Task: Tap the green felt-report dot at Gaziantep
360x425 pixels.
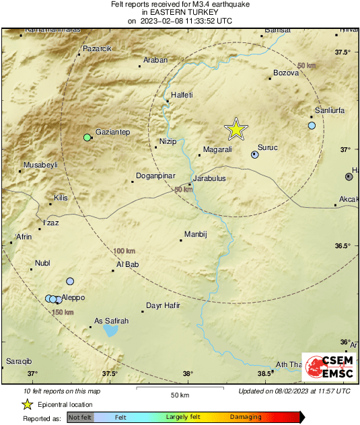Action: pyautogui.click(x=87, y=138)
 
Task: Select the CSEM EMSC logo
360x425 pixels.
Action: pyautogui.click(x=325, y=367)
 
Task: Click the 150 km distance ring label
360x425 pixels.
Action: pyautogui.click(x=63, y=313)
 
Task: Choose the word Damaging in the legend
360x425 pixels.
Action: pyautogui.click(x=246, y=418)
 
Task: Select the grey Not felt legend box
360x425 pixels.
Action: pyautogui.click(x=80, y=418)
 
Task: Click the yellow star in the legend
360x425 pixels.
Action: pyautogui.click(x=27, y=404)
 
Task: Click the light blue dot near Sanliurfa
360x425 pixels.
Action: pyautogui.click(x=312, y=126)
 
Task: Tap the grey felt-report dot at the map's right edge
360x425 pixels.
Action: pyautogui.click(x=349, y=177)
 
